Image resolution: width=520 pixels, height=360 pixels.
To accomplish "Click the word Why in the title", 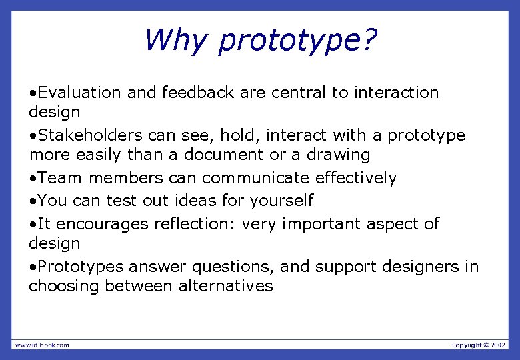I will tap(175, 40).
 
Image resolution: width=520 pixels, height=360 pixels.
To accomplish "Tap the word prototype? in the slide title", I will tap(297, 41).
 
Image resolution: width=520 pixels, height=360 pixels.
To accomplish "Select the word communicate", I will tap(256, 178).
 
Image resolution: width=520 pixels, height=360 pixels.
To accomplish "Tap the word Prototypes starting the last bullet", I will tap(81, 267).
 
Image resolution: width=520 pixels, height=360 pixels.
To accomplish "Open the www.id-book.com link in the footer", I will tap(41, 345).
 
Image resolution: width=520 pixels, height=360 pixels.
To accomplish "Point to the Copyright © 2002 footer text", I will tap(478, 345).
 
